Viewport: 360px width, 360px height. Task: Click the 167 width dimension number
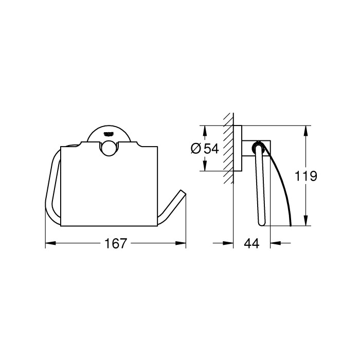click(116, 244)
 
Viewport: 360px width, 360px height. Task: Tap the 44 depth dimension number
click(251, 244)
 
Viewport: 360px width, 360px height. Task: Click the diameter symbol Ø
click(196, 149)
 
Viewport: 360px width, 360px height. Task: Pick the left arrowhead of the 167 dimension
click(48, 244)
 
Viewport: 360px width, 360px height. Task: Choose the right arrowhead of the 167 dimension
click(183, 244)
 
